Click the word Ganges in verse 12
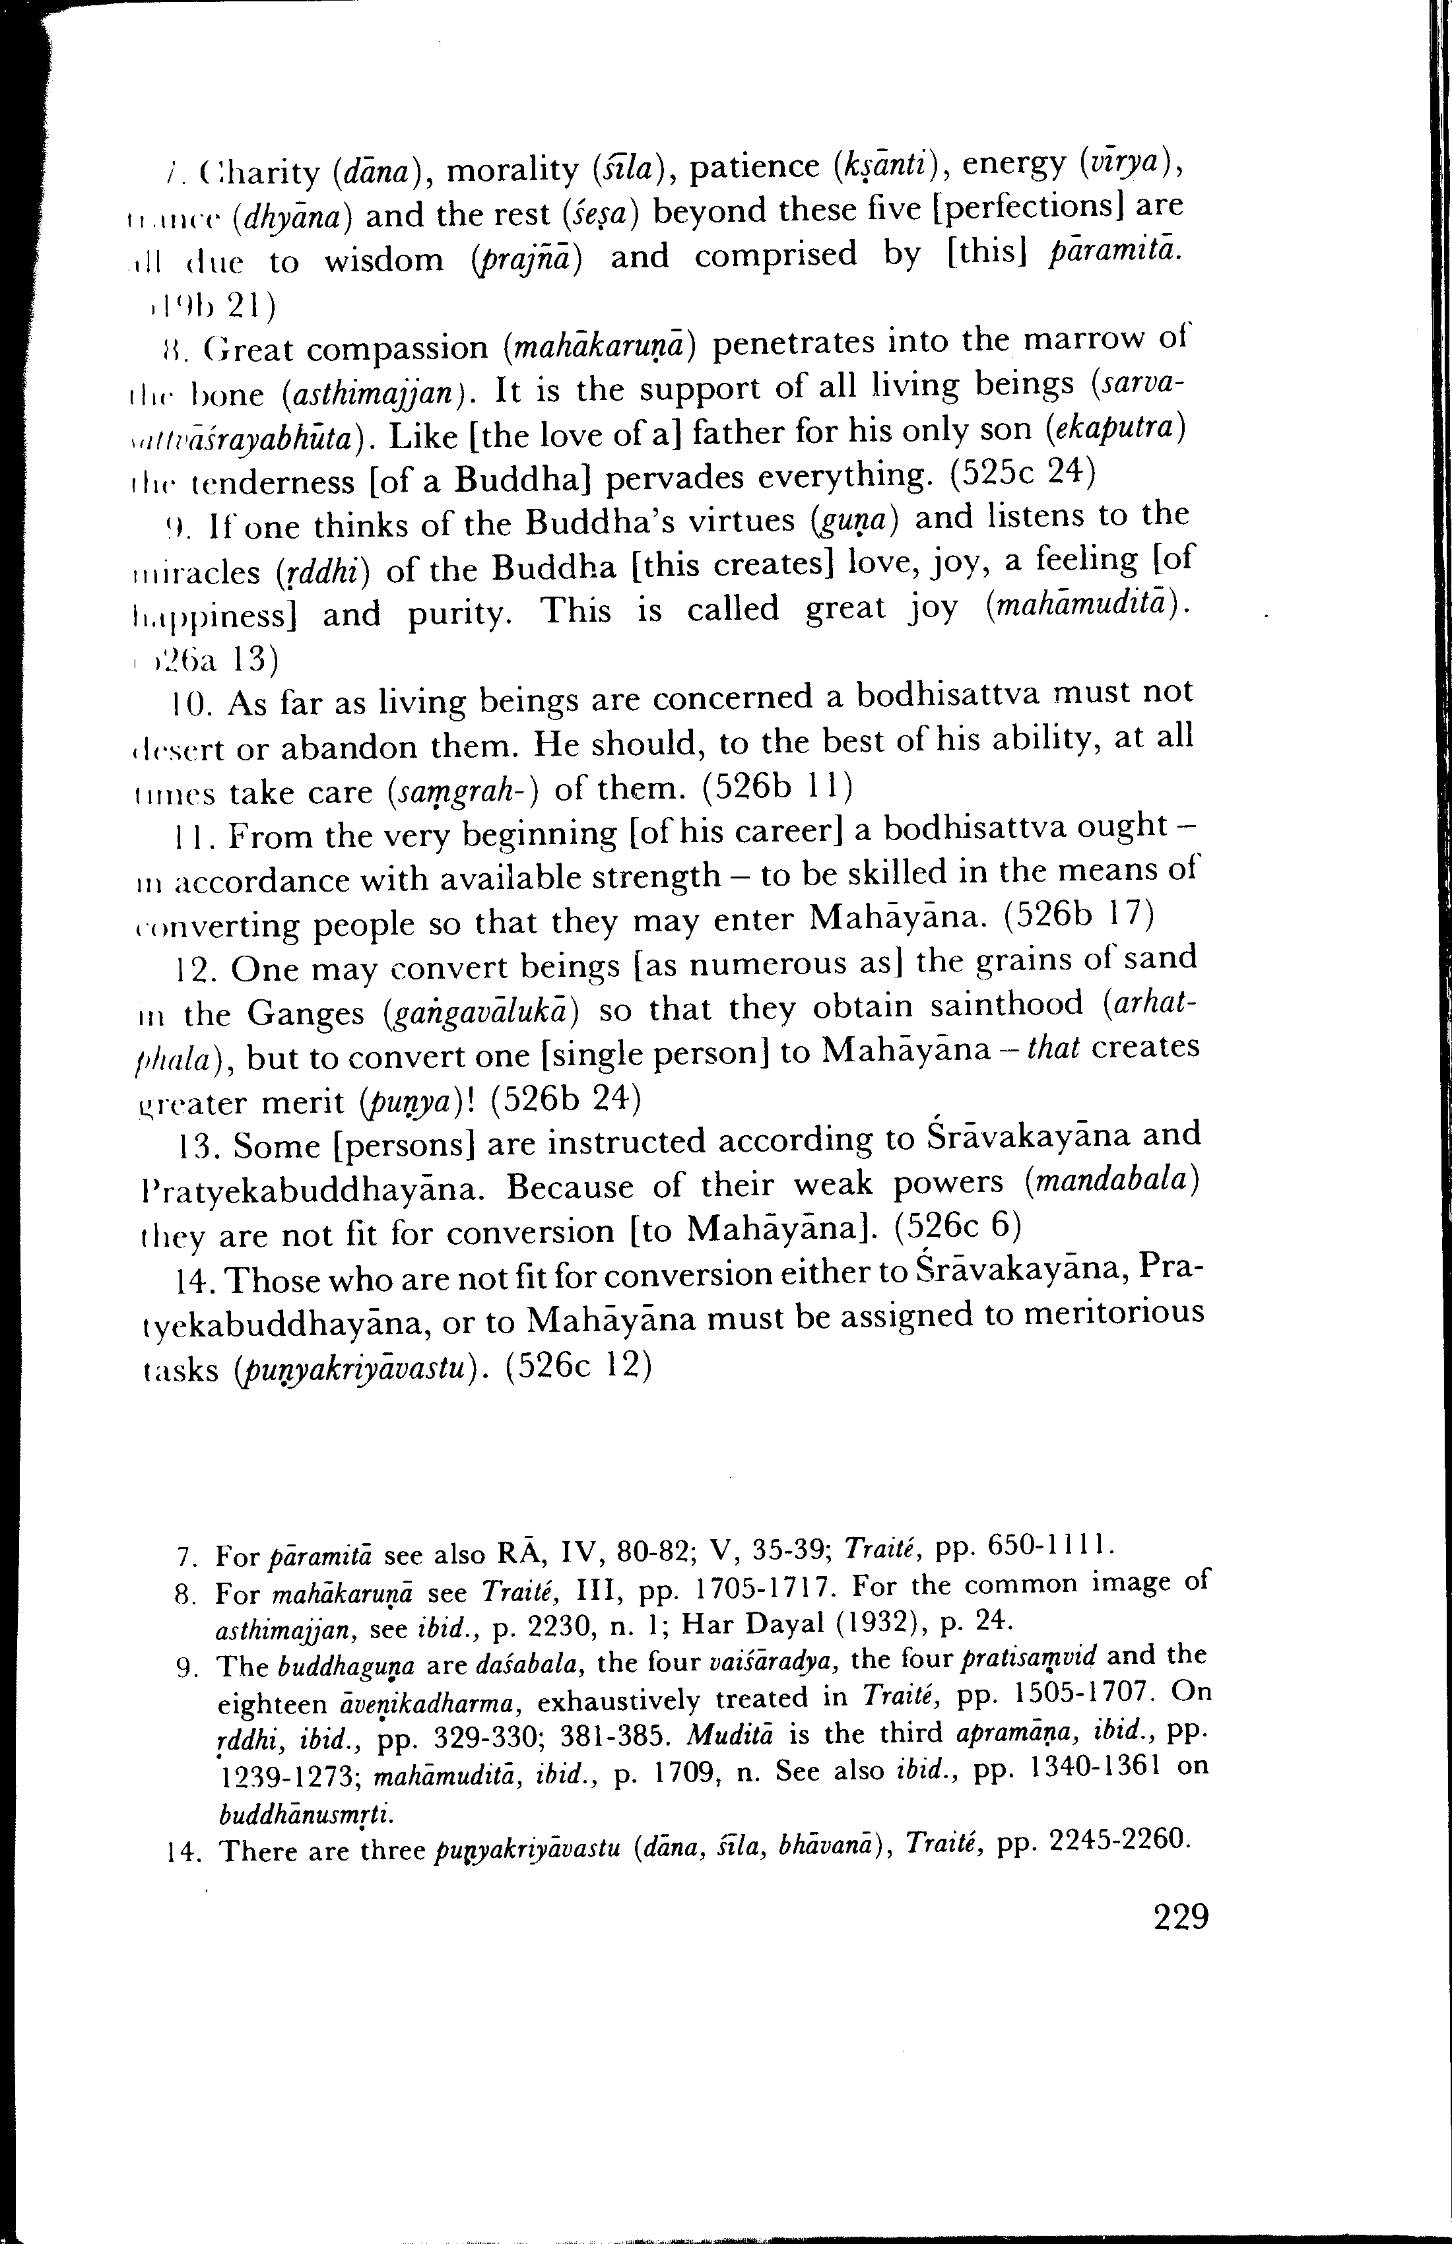click(306, 1014)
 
